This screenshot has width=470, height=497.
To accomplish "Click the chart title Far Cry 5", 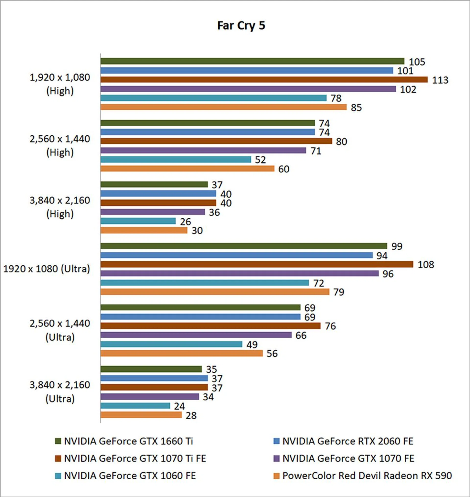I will [241, 25].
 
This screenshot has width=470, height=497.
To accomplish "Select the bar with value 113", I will [264, 80].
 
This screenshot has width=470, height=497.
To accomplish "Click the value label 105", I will [417, 62].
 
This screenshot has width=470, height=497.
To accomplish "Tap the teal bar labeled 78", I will [213, 98].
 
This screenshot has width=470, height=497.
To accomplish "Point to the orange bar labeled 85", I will [223, 107].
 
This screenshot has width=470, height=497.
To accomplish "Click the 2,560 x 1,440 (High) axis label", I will [60, 145].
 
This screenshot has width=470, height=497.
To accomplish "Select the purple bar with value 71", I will [203, 151].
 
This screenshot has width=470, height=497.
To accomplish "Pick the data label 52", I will [260, 160].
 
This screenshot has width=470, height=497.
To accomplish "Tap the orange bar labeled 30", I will [144, 230].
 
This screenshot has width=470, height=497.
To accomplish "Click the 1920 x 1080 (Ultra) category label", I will [47, 269].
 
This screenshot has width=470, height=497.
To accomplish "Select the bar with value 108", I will [257, 264].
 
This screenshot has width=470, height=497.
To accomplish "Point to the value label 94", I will [382, 256].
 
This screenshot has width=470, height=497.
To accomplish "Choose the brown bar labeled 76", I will [211, 326].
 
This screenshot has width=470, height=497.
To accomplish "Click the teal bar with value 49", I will [171, 344].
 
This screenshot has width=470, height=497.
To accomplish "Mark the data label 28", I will [191, 415].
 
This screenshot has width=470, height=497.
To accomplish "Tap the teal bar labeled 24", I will [135, 406].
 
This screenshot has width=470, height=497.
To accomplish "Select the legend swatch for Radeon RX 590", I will [276, 476].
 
